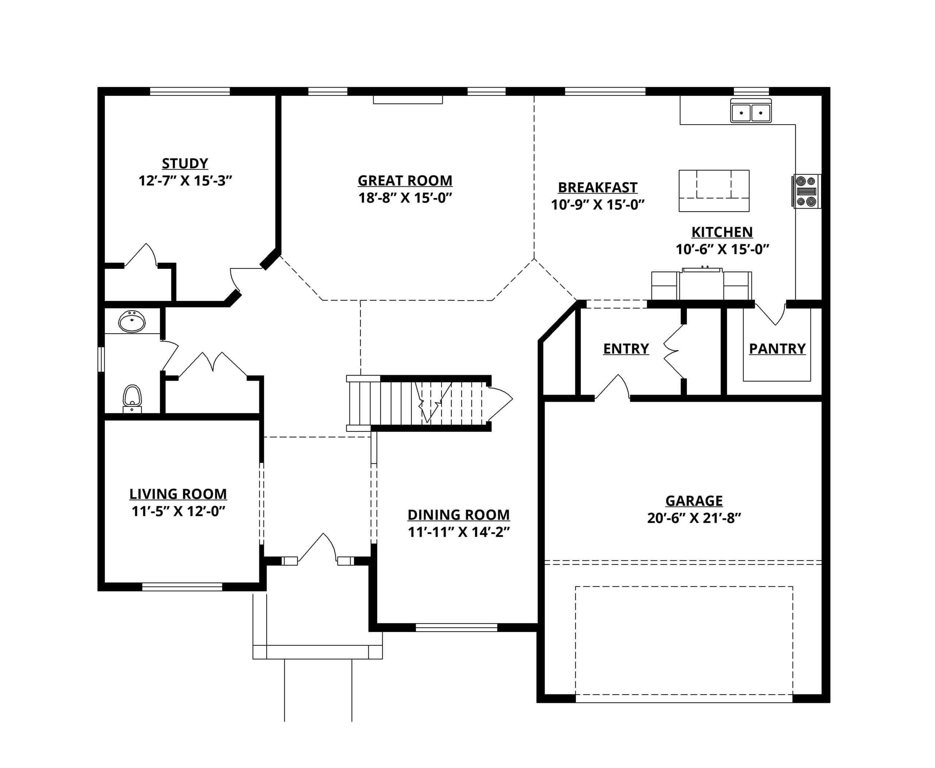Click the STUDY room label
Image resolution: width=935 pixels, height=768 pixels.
pos(185,164)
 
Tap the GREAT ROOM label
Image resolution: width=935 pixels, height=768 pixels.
pos(405,181)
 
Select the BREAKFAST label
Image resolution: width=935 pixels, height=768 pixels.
pos(598,187)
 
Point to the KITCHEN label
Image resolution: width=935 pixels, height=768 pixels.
pos(722,232)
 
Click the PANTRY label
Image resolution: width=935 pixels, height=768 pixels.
pos(777,349)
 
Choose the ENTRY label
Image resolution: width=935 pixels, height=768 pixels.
pos(626,349)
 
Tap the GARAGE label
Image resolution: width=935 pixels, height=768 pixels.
pos(694,501)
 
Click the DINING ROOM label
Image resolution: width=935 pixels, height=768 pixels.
pos(459,515)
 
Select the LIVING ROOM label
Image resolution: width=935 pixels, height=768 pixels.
pos(178,494)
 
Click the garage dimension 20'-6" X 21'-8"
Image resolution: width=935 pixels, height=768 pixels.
pos(694,518)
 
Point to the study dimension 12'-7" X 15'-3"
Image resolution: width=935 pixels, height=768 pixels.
pos(185,181)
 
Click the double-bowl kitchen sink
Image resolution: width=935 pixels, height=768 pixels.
pos(751,111)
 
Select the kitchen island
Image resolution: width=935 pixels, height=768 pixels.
pos(714,191)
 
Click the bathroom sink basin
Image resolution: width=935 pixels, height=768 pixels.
pos(132,322)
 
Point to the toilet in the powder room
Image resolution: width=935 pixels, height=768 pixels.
pos(132,399)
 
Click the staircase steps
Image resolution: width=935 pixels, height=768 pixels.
pos(416,403)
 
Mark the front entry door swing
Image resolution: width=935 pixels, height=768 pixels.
pos(317,548)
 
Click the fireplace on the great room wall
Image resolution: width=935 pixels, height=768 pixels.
pos(408,99)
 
